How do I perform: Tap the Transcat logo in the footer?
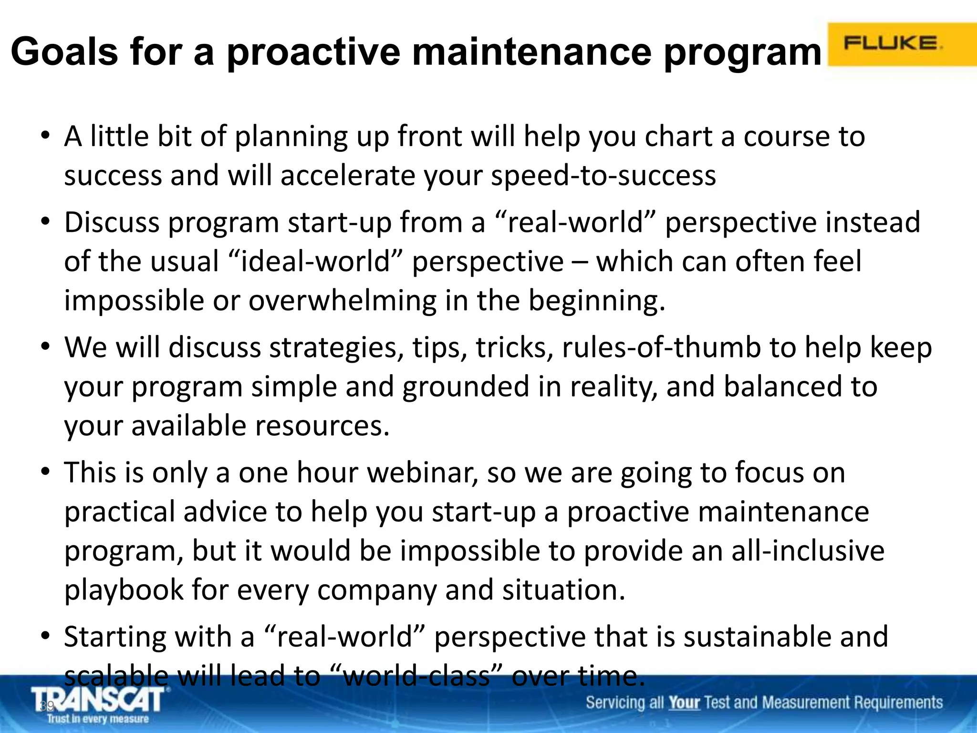tap(99, 700)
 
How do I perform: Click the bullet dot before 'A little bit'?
tap(45, 136)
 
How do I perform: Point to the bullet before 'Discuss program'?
tap(45, 222)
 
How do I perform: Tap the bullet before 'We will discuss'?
tap(45, 347)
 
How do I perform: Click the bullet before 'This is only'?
tap(45, 472)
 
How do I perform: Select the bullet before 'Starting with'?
tap(45, 636)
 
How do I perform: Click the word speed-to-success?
tap(603, 176)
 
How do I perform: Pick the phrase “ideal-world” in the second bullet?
tap(316, 262)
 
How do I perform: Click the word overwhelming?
tap(342, 301)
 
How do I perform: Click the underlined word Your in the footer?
tap(684, 703)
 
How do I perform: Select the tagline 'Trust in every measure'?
tap(98, 719)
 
